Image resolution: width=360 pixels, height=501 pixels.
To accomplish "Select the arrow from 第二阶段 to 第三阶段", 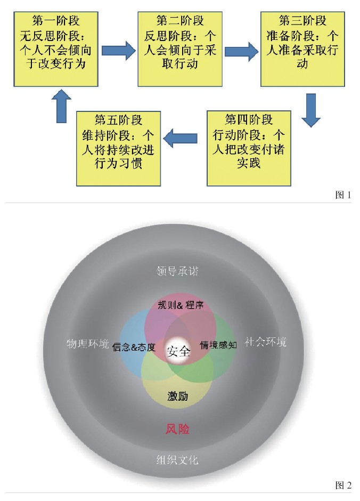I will pos(241,52).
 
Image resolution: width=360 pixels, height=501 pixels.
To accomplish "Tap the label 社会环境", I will pos(265,342).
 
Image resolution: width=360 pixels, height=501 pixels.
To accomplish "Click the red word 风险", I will pos(177,429).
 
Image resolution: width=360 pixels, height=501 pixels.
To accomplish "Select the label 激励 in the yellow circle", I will pos(177,397).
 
